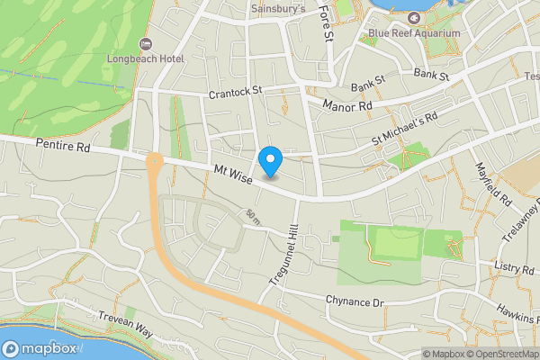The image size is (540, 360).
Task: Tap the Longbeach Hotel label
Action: (145, 59)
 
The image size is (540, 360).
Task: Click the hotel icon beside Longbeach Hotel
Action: (144, 44)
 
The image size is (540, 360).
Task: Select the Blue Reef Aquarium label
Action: (414, 33)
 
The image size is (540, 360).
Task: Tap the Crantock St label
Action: (234, 90)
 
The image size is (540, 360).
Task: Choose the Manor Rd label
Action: (346, 105)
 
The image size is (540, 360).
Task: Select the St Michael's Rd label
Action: (404, 130)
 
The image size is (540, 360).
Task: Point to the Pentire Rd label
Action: (64, 145)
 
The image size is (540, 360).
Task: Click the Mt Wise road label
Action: (233, 172)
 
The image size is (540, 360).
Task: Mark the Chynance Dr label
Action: (355, 301)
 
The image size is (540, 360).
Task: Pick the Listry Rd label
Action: (515, 267)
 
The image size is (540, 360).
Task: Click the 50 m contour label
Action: (252, 217)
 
